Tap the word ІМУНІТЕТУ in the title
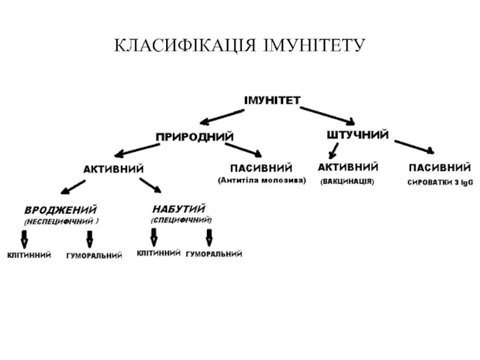[x=314, y=46]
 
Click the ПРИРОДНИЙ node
[x=194, y=137]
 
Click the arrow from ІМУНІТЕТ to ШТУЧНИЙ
[x=327, y=114]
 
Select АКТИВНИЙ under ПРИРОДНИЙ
[x=113, y=169]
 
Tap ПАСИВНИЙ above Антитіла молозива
[x=261, y=167]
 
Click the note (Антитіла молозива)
[x=262, y=179]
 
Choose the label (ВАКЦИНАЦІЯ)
[x=347, y=181]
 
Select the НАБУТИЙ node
[x=179, y=209]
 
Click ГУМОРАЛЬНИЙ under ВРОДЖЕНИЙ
[x=94, y=256]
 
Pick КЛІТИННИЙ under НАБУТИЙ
[x=158, y=253]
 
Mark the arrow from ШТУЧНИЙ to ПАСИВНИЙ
[x=414, y=146]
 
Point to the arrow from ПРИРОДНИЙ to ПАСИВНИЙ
[x=243, y=149]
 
